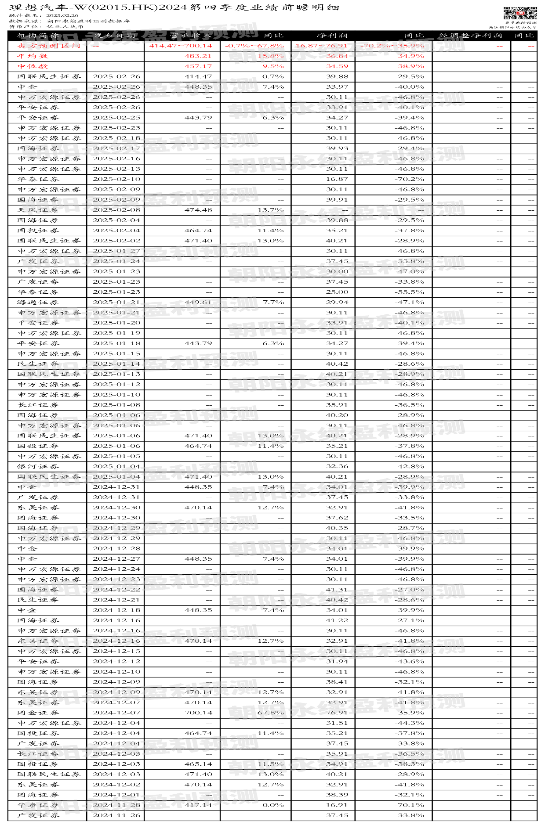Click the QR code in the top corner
click(x=520, y=13)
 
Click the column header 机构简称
click(x=38, y=36)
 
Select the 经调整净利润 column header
click(x=470, y=36)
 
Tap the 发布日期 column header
click(x=115, y=36)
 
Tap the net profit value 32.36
click(x=337, y=466)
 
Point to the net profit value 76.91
click(x=337, y=713)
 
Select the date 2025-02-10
click(x=116, y=179)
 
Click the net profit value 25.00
click(x=337, y=292)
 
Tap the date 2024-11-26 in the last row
click(x=116, y=815)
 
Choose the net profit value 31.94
click(x=337, y=661)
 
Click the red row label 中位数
click(x=33, y=66)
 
